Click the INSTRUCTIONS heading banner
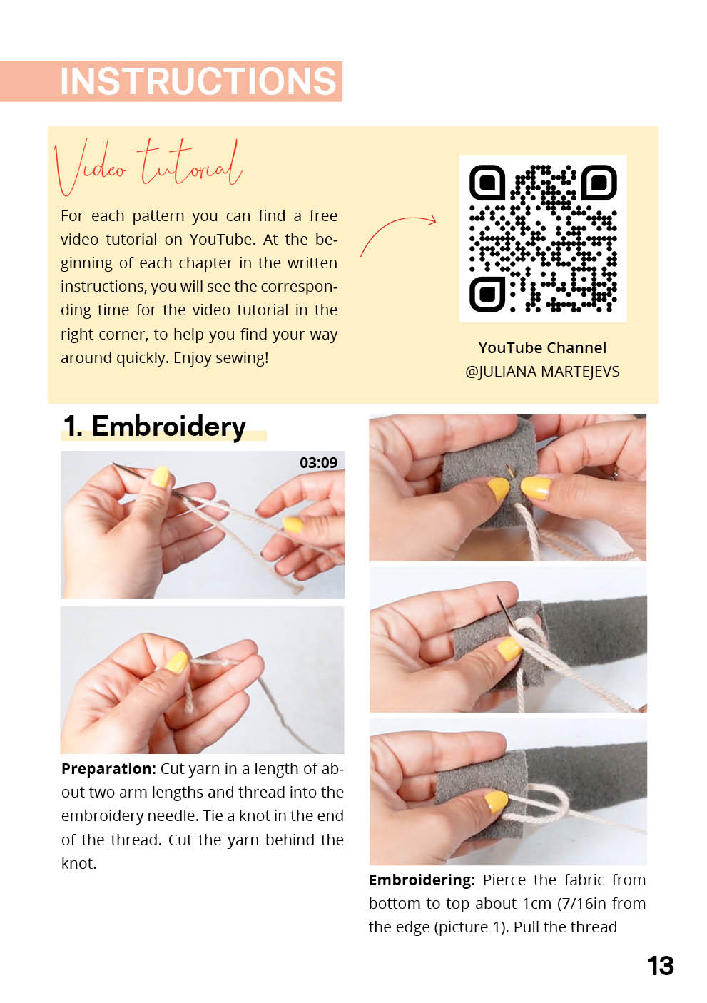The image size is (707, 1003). [171, 81]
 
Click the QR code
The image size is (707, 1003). [543, 238]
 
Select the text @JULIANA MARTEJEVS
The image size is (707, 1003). [542, 372]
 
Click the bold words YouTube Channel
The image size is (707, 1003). [542, 348]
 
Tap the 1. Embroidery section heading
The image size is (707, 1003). [155, 426]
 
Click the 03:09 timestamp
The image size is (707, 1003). [318, 462]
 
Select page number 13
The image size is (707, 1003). [661, 967]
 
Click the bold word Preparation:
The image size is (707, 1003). [108, 769]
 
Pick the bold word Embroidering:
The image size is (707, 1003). [422, 880]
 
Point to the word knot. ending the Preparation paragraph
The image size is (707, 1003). [78, 864]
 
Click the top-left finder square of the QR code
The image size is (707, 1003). [487, 182]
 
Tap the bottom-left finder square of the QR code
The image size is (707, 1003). [487, 294]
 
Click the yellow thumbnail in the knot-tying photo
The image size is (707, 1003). [176, 662]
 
